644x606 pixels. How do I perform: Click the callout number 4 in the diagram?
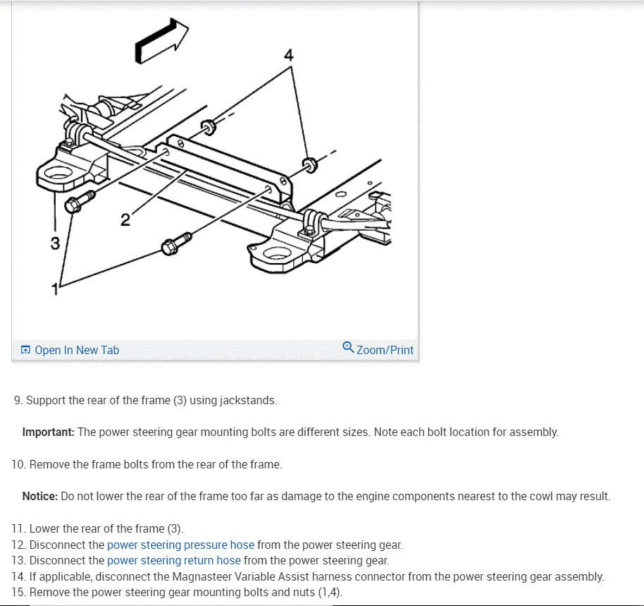288,54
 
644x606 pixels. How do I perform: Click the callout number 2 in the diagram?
125,220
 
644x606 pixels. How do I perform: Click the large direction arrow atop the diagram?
161,41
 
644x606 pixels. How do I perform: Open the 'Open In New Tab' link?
77,350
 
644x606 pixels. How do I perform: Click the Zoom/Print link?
385,350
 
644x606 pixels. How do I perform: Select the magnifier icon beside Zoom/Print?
348,347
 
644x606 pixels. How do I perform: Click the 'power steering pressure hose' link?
180,545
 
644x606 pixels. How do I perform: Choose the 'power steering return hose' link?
173,560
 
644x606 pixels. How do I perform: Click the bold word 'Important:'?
49,432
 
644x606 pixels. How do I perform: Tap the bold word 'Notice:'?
40,496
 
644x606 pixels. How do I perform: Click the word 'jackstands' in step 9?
247,400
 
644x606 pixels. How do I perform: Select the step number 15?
18,592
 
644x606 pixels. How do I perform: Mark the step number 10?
18,464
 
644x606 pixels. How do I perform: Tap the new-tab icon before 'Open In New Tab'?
25,350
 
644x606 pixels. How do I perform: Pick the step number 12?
18,545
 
